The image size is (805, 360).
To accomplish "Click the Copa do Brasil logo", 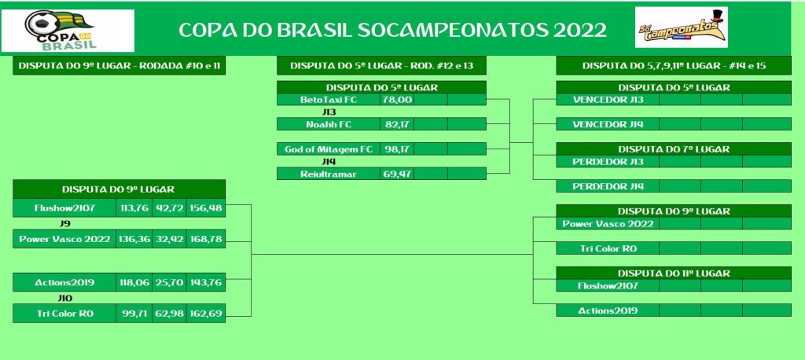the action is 68,31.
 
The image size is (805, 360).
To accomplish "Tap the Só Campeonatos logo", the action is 682,28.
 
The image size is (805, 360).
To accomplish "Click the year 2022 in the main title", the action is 580,31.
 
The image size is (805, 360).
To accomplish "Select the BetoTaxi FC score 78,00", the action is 397,99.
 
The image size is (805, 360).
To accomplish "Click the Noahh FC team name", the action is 329,124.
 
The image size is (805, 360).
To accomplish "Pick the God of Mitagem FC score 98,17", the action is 397,149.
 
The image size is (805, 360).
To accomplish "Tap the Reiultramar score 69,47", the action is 397,174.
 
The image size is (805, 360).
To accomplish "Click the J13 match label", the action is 329,112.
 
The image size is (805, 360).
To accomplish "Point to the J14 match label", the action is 329,161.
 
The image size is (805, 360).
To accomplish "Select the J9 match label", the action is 65,223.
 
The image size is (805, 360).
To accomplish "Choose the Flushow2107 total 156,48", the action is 206,208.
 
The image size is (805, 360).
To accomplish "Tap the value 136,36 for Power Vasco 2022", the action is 134,239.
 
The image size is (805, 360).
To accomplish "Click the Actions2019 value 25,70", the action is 170,282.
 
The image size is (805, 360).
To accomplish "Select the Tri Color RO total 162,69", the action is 206,314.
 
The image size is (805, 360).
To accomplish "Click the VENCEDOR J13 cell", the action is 608,100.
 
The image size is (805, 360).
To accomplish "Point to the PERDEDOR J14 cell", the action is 608,186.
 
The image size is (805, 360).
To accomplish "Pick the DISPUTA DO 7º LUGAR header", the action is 674,149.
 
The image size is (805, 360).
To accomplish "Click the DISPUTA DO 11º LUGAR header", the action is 674,274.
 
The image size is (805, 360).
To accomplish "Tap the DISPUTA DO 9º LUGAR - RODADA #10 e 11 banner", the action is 119,66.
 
